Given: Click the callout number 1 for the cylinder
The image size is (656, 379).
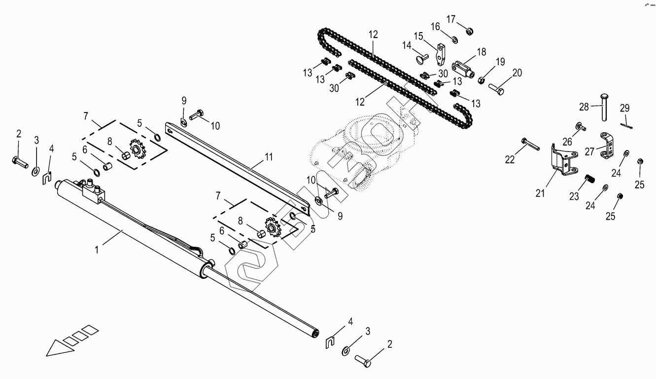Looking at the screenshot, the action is [97, 250].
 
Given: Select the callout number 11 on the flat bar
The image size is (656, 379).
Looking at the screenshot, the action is [268, 157].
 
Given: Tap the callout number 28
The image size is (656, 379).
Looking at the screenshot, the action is [584, 107].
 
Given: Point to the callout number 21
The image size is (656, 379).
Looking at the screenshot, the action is [541, 193].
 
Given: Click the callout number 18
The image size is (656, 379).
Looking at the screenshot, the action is [481, 51].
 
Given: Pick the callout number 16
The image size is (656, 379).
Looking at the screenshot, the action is [435, 26].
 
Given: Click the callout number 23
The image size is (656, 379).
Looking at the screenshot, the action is [574, 196].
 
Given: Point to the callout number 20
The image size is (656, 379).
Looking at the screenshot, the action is [517, 73].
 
